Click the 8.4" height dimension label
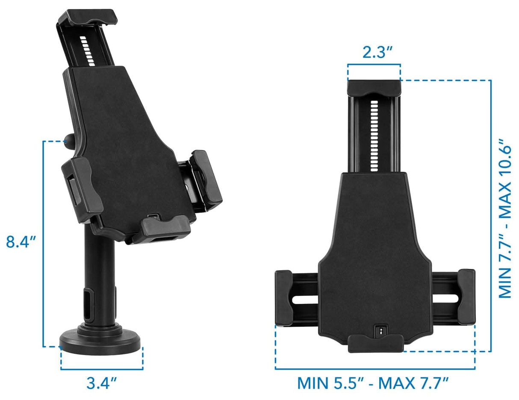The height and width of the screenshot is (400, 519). point(21,242)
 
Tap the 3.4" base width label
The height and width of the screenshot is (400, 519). point(102,383)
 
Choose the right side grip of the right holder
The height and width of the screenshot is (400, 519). point(466,297)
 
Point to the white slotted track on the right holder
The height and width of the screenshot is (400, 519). point(375,135)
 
